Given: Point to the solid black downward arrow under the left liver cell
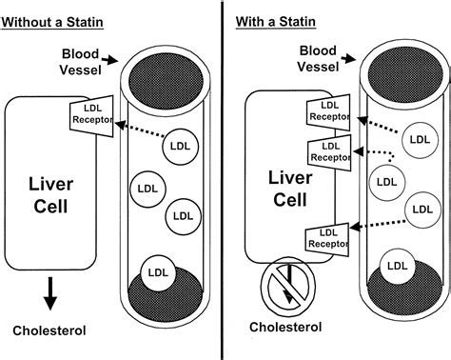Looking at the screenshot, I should point(47,296).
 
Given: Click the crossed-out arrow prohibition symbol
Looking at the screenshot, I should point(284,285).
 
